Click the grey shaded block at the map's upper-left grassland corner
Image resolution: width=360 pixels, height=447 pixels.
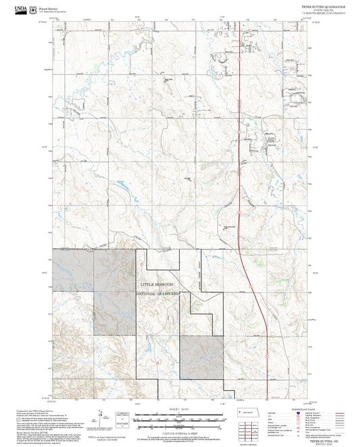(x=72, y=269)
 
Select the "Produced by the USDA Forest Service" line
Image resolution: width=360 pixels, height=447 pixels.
(x=34, y=409)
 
